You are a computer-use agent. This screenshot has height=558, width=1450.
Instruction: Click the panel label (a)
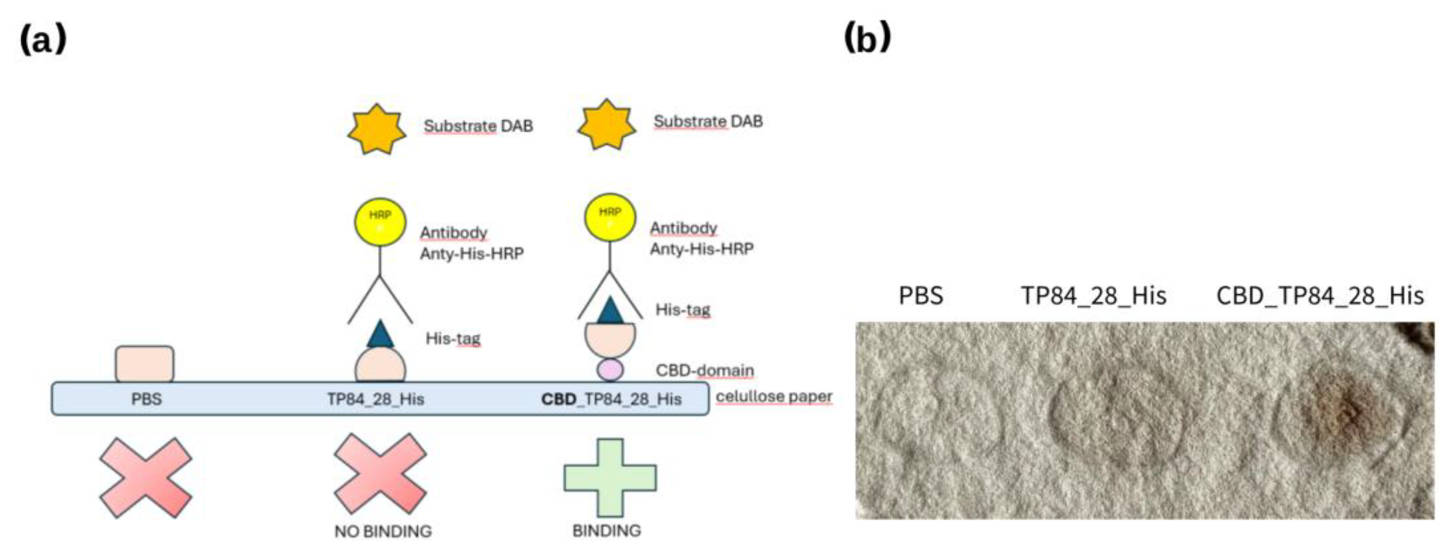43,40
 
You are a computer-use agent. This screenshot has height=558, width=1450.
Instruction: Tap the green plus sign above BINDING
609,477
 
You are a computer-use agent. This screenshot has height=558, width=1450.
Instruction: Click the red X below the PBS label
146,477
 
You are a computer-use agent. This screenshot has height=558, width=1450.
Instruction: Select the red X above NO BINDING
380,473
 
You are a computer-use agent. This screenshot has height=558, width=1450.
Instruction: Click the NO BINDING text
383,531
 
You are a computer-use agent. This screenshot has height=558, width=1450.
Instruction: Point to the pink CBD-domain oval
610,370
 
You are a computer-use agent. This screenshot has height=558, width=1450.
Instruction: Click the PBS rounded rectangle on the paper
145,364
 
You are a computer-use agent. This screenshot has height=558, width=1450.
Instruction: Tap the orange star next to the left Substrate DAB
376,129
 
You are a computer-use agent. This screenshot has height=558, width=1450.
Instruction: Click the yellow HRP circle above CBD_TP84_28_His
610,217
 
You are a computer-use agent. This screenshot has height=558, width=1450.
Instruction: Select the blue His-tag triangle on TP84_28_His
380,334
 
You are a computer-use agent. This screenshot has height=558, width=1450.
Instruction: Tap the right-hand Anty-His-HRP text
702,249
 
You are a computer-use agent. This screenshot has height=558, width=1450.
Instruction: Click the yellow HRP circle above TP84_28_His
380,222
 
